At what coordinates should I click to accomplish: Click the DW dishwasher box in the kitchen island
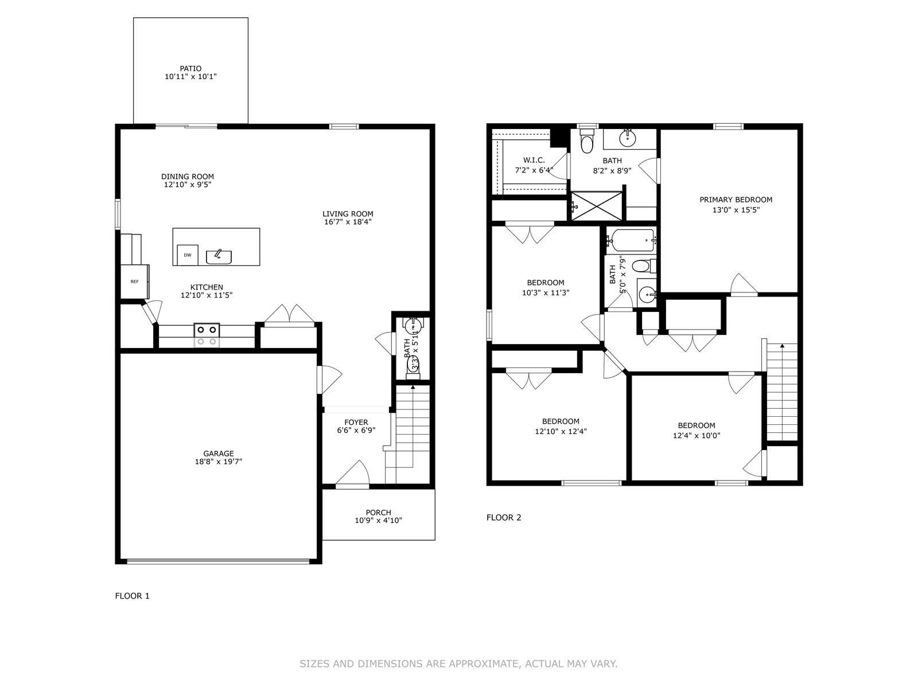click(x=188, y=255)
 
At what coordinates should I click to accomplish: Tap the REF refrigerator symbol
click(x=135, y=282)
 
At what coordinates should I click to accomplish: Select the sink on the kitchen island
click(x=219, y=256)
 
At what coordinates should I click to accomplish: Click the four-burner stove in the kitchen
click(x=207, y=335)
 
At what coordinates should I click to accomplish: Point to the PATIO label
click(x=190, y=68)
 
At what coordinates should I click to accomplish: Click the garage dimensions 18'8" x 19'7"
click(x=219, y=462)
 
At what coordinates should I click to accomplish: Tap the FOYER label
click(x=356, y=423)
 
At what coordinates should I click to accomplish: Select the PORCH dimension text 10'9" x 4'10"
click(x=378, y=521)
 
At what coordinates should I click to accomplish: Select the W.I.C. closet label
click(x=534, y=160)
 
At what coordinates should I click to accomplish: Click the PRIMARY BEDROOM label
click(x=736, y=200)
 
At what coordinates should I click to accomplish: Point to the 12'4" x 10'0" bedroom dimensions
click(x=697, y=435)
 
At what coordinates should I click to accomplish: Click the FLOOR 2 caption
click(x=504, y=517)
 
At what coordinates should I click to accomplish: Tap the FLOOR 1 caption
click(x=132, y=596)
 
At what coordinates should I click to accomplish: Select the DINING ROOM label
click(x=188, y=177)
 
